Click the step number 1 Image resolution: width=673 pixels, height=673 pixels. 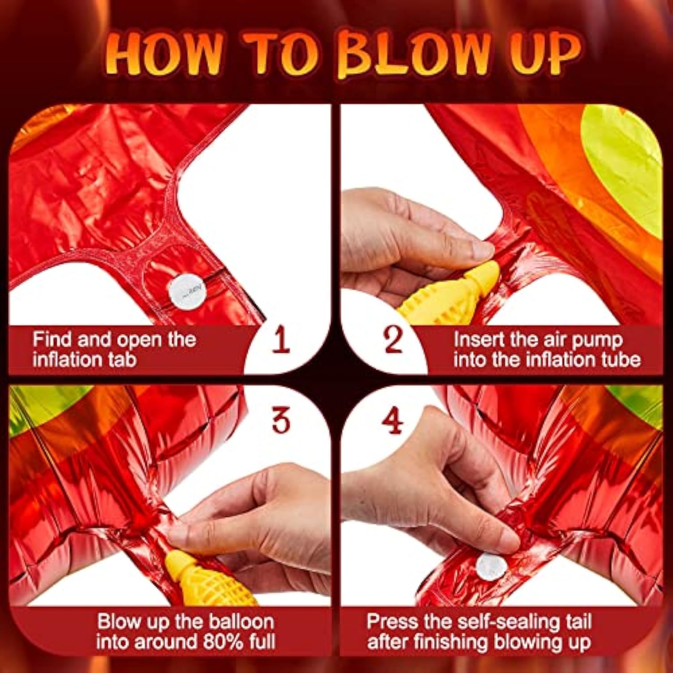[281, 340]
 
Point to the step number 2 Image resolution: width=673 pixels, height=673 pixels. [393, 340]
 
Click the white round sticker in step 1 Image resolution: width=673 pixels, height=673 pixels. [188, 292]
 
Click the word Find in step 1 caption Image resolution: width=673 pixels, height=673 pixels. [52, 340]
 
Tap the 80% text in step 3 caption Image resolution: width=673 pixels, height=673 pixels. [223, 642]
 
